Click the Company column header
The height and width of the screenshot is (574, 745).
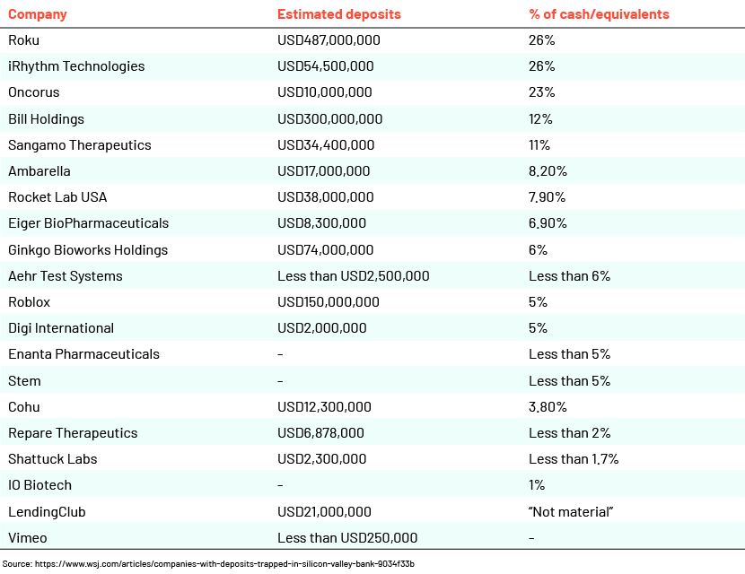coord(38,14)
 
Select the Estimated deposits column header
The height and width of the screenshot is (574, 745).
coord(339,14)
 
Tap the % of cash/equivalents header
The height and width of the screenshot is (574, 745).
coord(599,14)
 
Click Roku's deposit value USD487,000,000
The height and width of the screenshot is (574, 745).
coord(329,40)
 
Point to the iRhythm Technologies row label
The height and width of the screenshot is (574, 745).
coord(76,66)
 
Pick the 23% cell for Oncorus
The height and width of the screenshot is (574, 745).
coord(541,92)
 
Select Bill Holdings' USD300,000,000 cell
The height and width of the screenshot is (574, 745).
coord(329,119)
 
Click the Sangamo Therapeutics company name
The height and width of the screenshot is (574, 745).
coord(79,145)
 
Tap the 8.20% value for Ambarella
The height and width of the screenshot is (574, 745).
coord(548,171)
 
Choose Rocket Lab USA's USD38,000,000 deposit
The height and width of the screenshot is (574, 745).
coord(326,197)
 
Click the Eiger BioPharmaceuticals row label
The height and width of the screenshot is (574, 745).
coord(88,223)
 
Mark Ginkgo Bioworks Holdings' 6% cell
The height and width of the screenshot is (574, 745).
coord(538,250)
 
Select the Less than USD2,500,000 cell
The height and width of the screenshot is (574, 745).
coord(354,276)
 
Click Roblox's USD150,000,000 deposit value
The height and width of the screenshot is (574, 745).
coord(329,302)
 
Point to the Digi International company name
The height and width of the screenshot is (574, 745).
coord(61,328)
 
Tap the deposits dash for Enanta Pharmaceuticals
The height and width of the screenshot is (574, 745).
coord(280,354)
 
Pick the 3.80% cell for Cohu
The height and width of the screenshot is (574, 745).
coord(548,407)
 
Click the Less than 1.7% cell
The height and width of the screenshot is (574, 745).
coord(574,459)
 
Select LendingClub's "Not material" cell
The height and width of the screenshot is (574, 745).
coord(571,512)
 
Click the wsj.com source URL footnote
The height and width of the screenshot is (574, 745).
coord(208,564)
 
